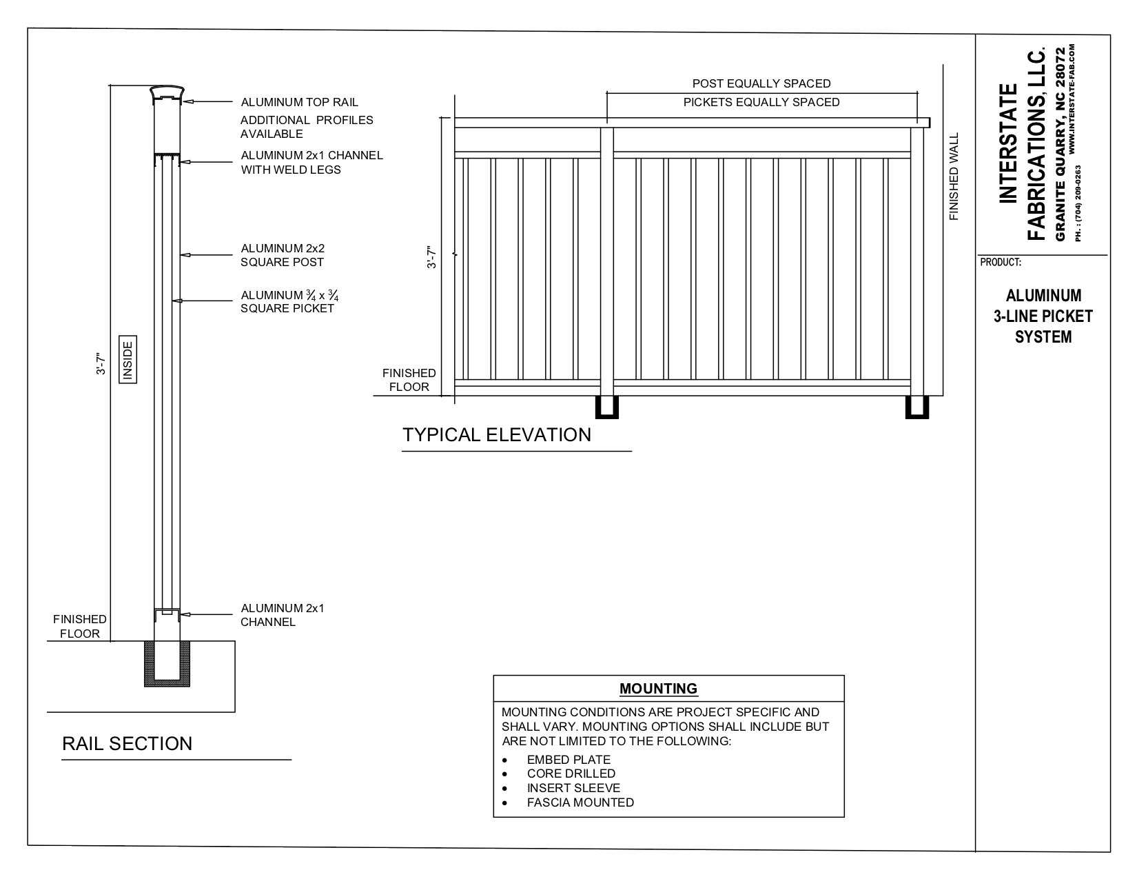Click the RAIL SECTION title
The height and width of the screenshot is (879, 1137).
tap(127, 744)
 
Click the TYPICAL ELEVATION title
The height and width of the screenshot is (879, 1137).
tap(497, 435)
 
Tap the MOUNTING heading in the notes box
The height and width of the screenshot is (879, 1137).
tap(658, 689)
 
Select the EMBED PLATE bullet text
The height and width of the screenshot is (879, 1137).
tap(568, 760)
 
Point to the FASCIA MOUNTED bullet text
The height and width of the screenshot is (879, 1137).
tap(580, 802)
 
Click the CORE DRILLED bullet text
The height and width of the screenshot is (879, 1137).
tap(571, 774)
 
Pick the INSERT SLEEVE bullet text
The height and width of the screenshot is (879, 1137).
tap(573, 788)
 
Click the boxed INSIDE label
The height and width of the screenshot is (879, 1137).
tap(128, 358)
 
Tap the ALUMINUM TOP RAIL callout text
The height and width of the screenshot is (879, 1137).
tap(299, 103)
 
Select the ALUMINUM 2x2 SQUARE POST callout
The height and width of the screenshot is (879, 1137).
tap(283, 255)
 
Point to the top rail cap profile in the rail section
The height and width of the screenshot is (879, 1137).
tap(167, 93)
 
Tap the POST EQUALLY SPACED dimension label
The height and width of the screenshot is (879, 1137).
tap(761, 83)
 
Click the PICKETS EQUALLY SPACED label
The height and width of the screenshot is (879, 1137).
tap(761, 103)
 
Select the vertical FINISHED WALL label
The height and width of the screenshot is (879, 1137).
tap(954, 177)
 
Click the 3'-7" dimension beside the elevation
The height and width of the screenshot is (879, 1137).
tap(433, 257)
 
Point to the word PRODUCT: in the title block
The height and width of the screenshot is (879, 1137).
tap(1000, 263)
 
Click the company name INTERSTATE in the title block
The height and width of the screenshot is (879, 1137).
tap(1008, 143)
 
